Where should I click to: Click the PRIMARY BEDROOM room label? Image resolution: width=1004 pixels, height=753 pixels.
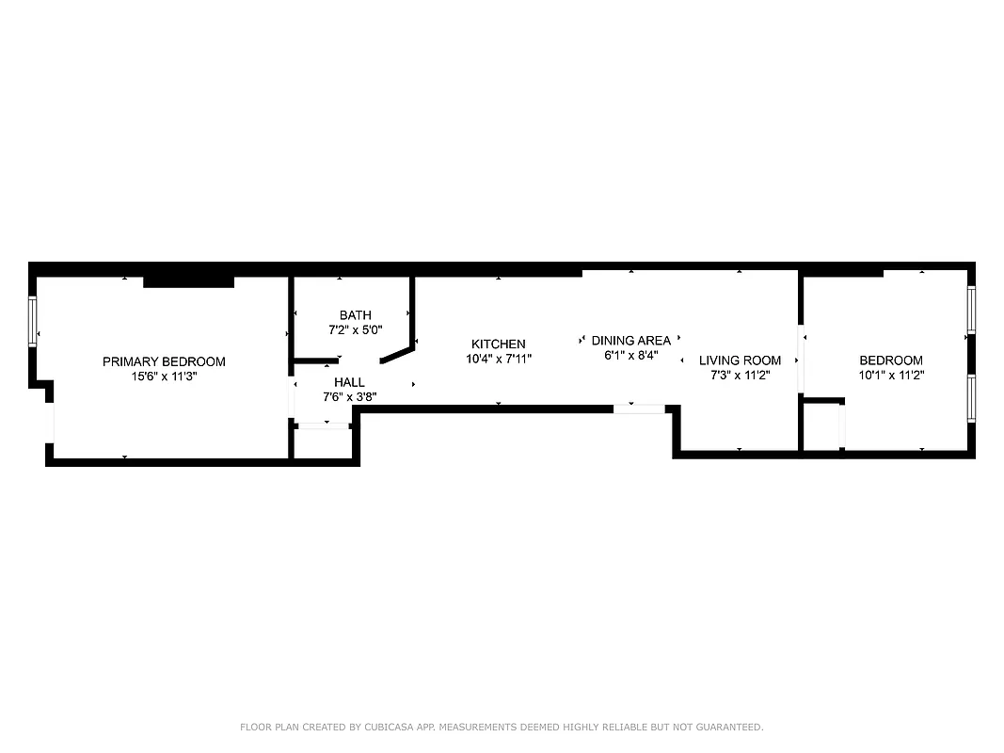tap(164, 361)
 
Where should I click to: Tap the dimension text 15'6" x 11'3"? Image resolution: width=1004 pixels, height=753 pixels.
tap(164, 376)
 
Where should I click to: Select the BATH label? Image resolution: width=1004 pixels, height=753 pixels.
tap(356, 315)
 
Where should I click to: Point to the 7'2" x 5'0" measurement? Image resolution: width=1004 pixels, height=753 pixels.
tap(356, 330)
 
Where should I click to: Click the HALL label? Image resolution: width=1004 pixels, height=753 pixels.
tap(349, 382)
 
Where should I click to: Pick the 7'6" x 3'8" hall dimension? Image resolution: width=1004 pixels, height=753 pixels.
tap(349, 397)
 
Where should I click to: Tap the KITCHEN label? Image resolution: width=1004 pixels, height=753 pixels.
tap(499, 344)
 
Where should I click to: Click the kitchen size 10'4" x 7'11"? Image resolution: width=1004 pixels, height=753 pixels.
tap(499, 359)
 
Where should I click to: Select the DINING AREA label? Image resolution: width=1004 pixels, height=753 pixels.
tap(631, 341)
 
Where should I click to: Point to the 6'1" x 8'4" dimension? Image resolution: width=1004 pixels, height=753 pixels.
tap(631, 356)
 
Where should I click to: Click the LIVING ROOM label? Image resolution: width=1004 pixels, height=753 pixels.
tap(740, 360)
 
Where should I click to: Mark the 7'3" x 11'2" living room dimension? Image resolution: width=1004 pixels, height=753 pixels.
tap(740, 376)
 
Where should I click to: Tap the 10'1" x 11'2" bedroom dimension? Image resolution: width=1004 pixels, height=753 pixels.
tap(891, 375)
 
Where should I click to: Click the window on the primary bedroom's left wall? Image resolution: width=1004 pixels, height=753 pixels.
tap(33, 321)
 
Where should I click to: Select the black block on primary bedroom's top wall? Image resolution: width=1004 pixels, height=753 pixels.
tap(188, 281)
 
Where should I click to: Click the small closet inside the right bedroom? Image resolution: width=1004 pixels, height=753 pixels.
tap(822, 426)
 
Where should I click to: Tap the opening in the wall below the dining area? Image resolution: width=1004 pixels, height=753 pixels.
tap(639, 409)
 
